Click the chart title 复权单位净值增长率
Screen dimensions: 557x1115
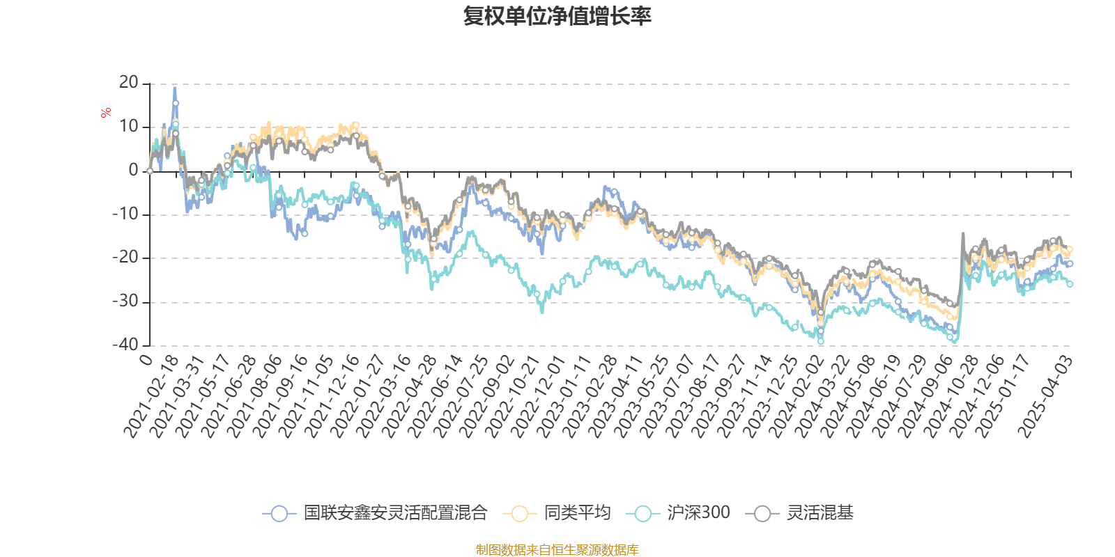coord(557,16)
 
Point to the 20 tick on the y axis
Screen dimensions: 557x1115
coord(129,83)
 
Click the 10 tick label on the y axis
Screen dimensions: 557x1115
coord(129,127)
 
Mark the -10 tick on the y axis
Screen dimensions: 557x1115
coord(126,214)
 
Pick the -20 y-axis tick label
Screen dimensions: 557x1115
coord(126,258)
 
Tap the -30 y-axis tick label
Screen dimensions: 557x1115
coord(126,301)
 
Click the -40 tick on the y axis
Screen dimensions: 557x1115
coord(126,345)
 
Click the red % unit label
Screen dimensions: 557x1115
coord(106,113)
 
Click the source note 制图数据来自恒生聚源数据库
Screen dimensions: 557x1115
coord(557,550)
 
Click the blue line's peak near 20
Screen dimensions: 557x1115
coord(174,88)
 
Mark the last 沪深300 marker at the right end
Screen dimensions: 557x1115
coord(1070,284)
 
